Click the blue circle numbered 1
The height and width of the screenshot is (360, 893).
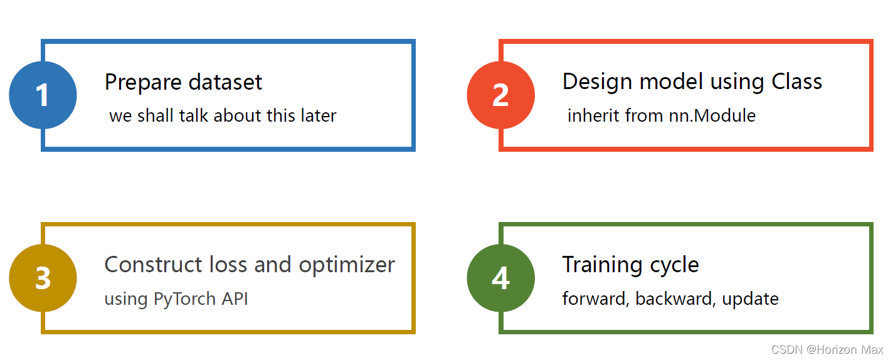coord(43,95)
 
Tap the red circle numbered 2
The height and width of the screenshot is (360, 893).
coord(500,95)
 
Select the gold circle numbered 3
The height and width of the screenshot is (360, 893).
coord(43,278)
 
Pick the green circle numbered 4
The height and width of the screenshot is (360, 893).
coord(500,278)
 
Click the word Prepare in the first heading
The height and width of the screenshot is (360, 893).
coord(144,83)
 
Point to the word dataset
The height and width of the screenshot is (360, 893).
coord(225,82)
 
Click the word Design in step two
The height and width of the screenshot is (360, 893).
coord(598,82)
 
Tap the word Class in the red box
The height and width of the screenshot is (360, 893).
coord(796,82)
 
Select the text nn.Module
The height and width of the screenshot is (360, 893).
coord(712,115)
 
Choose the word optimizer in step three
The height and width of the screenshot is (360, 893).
coord(347,265)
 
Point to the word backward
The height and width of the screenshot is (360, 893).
coord(674,299)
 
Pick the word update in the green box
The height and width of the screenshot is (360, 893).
coord(750,299)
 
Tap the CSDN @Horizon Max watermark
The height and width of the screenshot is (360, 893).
coord(827,349)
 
